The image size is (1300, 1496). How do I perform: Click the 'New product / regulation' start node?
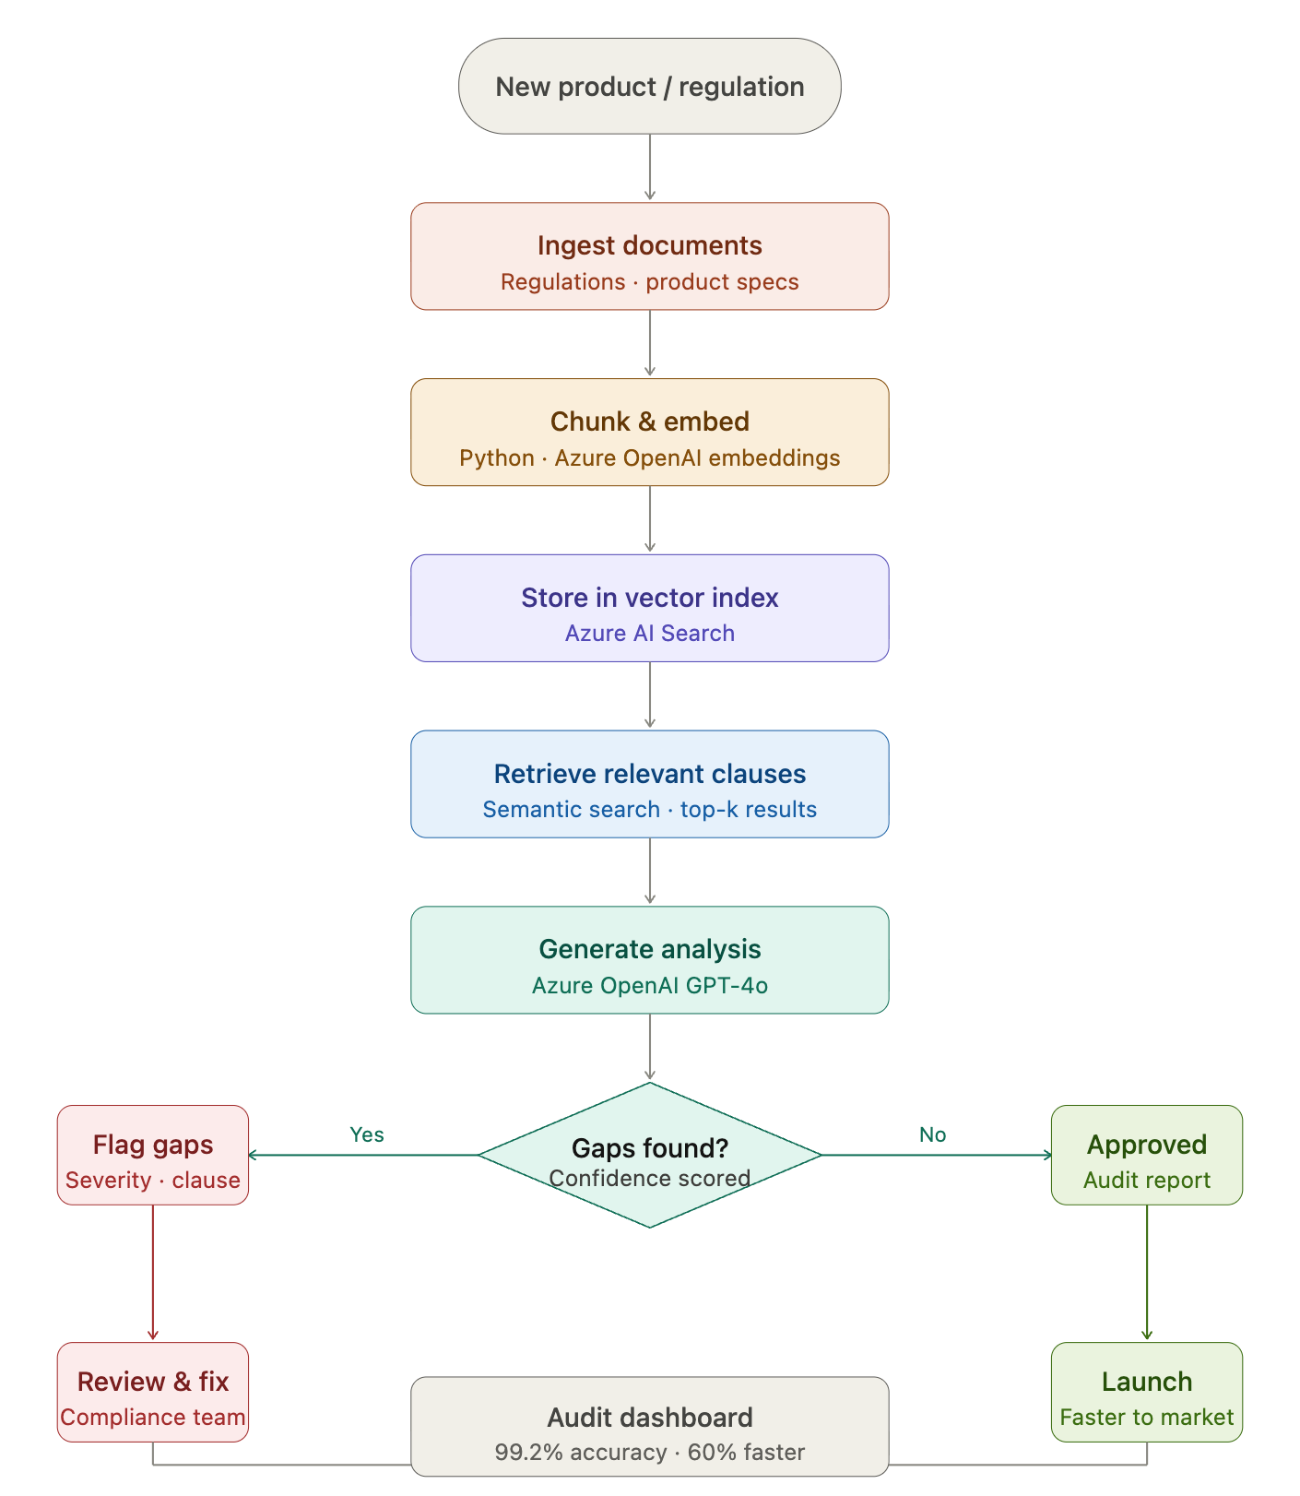[x=649, y=86]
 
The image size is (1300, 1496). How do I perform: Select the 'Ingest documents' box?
[x=649, y=256]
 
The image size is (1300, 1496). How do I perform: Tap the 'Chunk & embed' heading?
[x=649, y=421]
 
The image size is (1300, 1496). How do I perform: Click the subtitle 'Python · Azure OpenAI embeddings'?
[x=649, y=458]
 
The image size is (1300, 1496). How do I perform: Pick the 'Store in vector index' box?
[x=649, y=608]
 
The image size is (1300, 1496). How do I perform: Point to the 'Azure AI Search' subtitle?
[x=649, y=634]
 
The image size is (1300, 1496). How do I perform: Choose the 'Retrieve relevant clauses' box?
[x=649, y=784]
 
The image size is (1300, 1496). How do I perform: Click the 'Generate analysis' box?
[x=649, y=959]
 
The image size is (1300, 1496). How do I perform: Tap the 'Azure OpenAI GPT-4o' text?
[x=649, y=986]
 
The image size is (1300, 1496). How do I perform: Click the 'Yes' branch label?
[x=367, y=1134]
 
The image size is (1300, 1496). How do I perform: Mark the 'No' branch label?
[x=932, y=1134]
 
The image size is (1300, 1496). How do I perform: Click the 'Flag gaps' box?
[x=153, y=1155]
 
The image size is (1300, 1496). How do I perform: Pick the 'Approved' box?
[x=1147, y=1155]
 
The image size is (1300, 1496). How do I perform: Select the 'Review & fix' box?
[x=153, y=1392]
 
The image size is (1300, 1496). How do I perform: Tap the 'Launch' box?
[x=1147, y=1392]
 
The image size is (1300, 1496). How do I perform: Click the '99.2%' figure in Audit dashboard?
[x=528, y=1453]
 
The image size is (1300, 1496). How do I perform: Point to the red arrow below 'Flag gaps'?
[x=153, y=1273]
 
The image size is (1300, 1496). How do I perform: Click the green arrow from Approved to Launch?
[x=1147, y=1273]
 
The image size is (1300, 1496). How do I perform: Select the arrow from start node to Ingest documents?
[x=650, y=167]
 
